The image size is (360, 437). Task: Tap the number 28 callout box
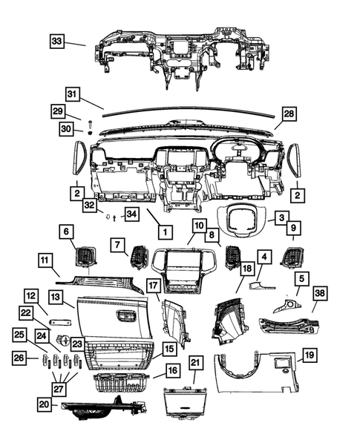coord(288,114)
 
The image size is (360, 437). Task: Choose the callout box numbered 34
coord(131,215)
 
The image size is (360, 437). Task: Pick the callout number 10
coord(199,225)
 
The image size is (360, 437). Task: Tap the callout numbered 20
coord(46,404)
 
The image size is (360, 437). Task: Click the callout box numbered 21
coord(196,363)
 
